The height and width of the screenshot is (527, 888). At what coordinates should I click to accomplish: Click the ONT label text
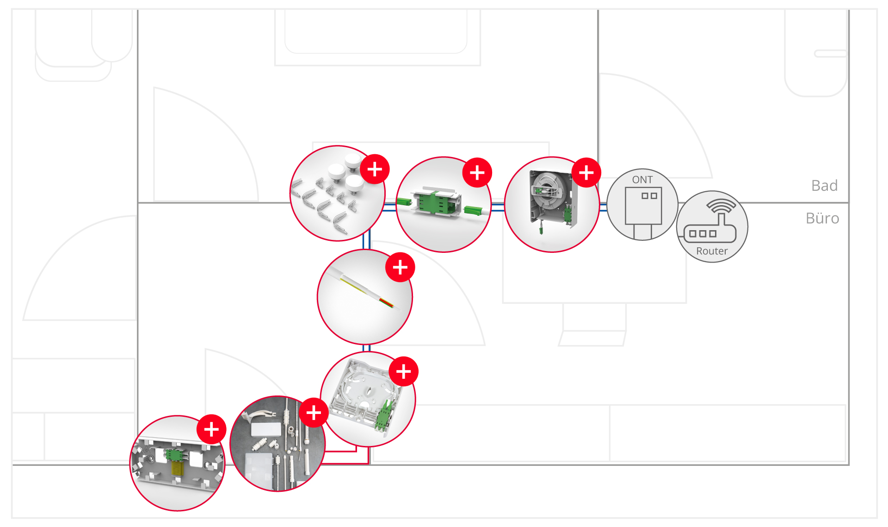(x=642, y=180)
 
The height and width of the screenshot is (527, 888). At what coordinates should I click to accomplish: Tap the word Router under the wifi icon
(x=712, y=251)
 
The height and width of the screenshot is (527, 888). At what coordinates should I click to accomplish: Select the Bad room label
(x=824, y=186)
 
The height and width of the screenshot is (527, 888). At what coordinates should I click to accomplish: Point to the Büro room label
(x=822, y=219)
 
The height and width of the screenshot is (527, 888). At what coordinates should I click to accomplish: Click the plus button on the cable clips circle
(x=375, y=169)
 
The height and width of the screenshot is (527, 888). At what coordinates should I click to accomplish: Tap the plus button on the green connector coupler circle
(x=477, y=173)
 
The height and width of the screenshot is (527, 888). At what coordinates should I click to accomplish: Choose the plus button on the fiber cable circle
(x=400, y=267)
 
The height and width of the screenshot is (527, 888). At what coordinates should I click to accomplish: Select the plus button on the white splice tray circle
(x=403, y=371)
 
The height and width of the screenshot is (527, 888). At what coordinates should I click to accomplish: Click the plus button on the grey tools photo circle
(x=314, y=412)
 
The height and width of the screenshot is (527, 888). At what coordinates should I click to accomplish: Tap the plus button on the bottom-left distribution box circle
(x=211, y=429)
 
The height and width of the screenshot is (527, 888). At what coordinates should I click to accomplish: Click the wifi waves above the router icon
(x=721, y=205)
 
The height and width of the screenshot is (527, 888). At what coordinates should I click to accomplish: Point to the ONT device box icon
(x=643, y=206)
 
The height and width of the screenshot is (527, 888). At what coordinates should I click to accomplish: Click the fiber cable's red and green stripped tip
(x=387, y=303)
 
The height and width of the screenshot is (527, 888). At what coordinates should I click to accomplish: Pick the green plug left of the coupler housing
(x=404, y=201)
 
